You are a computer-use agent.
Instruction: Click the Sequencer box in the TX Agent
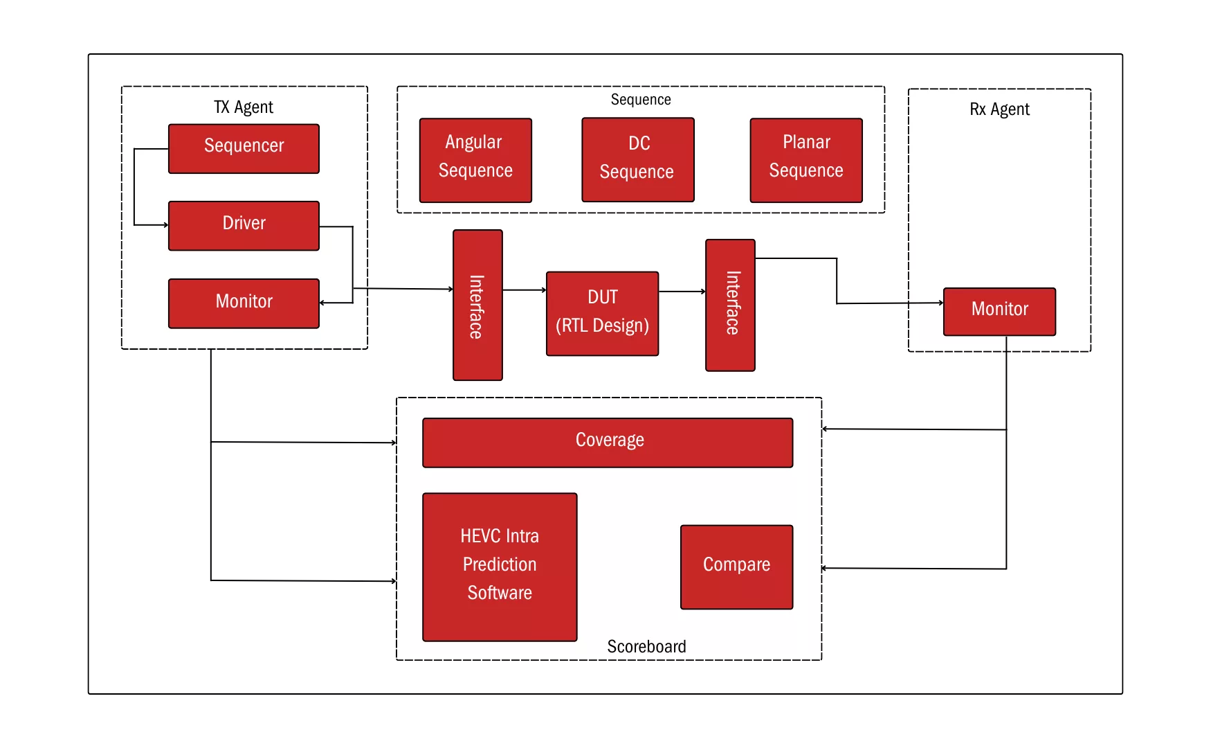(x=244, y=148)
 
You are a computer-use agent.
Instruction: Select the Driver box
(x=244, y=225)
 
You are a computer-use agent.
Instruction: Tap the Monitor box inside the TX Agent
(x=244, y=303)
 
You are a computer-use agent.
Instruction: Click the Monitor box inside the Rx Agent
(x=999, y=311)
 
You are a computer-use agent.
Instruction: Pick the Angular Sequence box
(x=475, y=160)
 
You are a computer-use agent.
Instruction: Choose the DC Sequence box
(x=637, y=159)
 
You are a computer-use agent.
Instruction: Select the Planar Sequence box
(x=806, y=160)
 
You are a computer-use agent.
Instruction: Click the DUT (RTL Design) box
(x=602, y=313)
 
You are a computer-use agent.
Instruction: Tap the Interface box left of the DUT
(x=477, y=305)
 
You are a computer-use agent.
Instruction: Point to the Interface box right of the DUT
(x=731, y=305)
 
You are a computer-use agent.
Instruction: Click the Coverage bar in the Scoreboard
(x=608, y=442)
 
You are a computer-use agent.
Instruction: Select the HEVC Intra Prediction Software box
(x=500, y=567)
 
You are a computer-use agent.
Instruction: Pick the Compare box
(x=736, y=567)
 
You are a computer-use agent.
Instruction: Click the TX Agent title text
(x=244, y=107)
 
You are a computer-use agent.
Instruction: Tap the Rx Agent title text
(x=999, y=109)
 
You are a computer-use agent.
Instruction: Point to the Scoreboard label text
(x=646, y=646)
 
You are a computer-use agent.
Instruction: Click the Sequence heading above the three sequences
(x=641, y=100)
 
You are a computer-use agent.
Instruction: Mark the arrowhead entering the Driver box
(x=165, y=225)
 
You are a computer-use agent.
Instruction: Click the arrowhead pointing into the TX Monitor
(x=322, y=303)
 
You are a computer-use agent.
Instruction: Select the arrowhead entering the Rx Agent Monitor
(x=940, y=303)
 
